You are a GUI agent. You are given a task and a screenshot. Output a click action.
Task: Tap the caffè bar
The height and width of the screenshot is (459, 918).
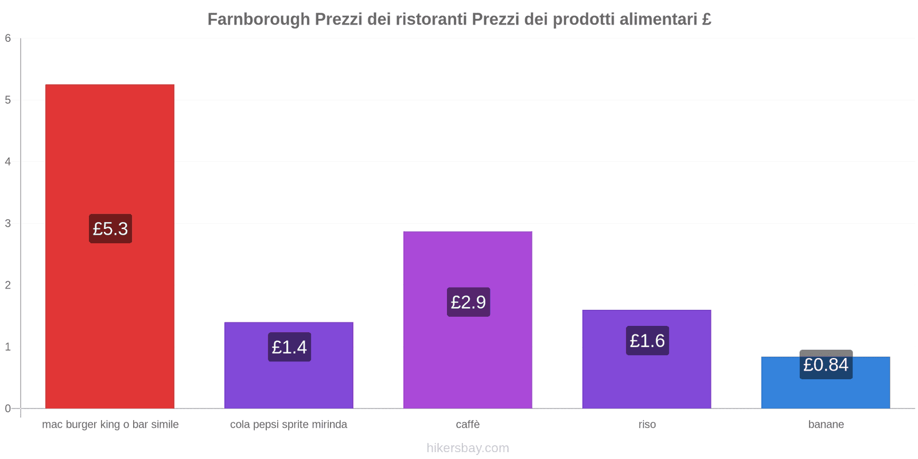[468, 356]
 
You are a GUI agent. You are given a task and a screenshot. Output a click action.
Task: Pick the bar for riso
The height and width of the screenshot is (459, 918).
[647, 379]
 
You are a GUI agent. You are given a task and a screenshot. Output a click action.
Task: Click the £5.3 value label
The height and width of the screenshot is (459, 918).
[110, 229]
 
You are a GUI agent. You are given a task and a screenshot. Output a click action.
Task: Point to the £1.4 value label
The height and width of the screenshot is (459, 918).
[289, 347]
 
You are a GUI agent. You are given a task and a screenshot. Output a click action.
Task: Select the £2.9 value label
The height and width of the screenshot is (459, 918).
[468, 302]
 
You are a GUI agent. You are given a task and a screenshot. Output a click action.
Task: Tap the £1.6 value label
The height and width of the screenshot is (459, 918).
[647, 341]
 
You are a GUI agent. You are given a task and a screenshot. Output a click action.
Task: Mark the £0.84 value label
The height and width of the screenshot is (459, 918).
[826, 365]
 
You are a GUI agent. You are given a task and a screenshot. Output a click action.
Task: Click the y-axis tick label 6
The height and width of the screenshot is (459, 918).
[8, 38]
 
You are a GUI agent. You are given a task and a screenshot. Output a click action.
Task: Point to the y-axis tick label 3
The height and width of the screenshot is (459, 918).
[8, 223]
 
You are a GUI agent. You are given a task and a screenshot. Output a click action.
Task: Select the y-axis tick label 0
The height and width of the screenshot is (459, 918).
[8, 409]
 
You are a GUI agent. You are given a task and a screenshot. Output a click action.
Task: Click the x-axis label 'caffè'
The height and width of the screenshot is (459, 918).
[468, 425]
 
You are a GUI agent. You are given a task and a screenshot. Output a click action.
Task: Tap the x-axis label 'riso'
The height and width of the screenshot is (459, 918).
[647, 425]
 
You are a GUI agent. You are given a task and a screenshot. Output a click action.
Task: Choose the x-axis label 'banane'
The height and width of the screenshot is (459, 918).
[826, 425]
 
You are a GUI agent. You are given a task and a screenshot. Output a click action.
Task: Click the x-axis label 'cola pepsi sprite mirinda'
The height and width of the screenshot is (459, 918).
[289, 425]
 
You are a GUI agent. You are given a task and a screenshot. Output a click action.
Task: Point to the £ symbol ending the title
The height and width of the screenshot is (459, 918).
[706, 20]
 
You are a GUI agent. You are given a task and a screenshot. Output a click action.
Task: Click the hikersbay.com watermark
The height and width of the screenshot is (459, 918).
[468, 448]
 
